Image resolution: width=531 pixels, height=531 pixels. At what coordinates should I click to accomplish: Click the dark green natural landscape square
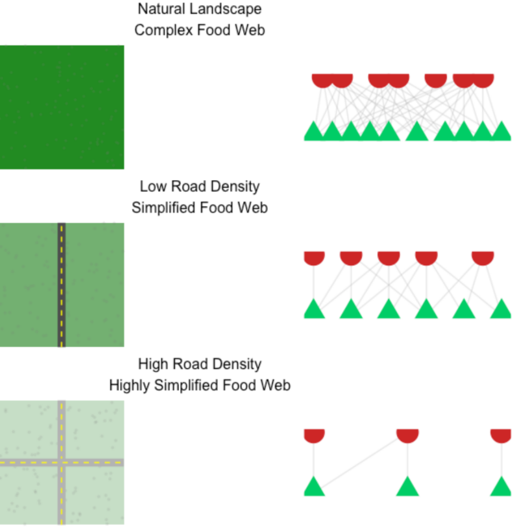[62, 107]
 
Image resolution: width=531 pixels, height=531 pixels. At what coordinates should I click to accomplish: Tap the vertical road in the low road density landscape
[61, 285]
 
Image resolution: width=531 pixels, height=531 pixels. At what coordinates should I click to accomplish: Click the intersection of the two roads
[61, 462]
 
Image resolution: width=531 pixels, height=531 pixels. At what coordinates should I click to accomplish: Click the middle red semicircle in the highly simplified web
[408, 435]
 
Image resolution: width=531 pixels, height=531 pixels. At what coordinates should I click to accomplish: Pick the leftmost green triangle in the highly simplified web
[314, 487]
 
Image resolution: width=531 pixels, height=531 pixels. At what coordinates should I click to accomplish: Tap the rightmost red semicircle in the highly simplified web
[501, 435]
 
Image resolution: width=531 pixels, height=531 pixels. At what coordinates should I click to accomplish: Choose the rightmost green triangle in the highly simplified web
[501, 487]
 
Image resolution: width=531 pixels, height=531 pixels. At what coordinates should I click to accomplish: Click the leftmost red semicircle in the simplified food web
[314, 257]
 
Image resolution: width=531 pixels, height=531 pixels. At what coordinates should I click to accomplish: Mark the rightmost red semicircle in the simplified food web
[482, 257]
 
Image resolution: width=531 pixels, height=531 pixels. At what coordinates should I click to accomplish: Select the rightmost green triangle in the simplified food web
[501, 309]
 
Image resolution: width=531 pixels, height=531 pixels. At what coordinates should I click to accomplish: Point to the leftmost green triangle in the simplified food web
[314, 309]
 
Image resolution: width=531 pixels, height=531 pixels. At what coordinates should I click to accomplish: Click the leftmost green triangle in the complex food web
[314, 132]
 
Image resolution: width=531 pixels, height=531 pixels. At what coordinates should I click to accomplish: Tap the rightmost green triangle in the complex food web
[501, 132]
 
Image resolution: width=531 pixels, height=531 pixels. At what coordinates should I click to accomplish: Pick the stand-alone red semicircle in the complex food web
[436, 80]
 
